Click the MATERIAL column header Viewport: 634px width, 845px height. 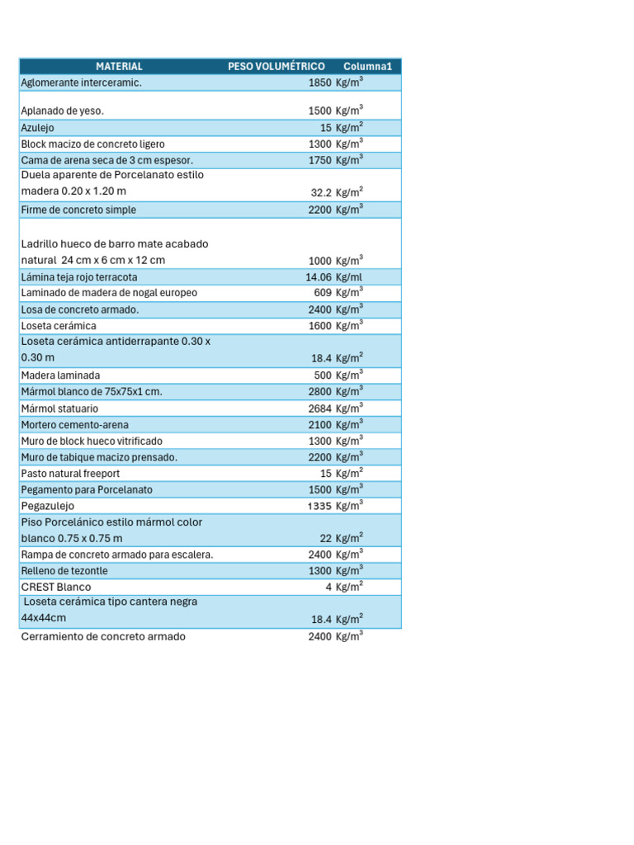point(119,66)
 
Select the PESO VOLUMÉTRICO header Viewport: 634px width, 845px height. point(276,66)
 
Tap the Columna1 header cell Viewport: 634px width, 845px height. point(367,66)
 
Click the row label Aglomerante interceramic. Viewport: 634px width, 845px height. point(81,83)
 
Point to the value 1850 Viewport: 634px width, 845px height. point(319,83)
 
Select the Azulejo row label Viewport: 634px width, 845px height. point(39,127)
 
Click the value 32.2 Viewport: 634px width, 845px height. point(321,192)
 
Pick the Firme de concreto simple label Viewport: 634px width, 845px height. point(78,210)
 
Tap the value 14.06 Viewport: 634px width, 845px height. point(318,277)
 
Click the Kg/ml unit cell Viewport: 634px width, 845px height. point(349,277)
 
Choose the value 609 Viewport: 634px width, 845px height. point(323,293)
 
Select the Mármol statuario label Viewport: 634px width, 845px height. point(59,408)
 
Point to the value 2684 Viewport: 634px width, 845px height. point(319,408)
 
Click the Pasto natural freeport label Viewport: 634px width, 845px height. point(70,474)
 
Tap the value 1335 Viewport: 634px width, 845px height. point(319,506)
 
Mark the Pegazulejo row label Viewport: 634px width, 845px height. point(47,506)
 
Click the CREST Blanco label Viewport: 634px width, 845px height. point(56,587)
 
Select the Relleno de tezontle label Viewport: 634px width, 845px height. point(64,571)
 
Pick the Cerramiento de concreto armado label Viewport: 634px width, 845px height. point(103,637)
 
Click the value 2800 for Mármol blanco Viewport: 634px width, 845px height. point(319,392)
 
